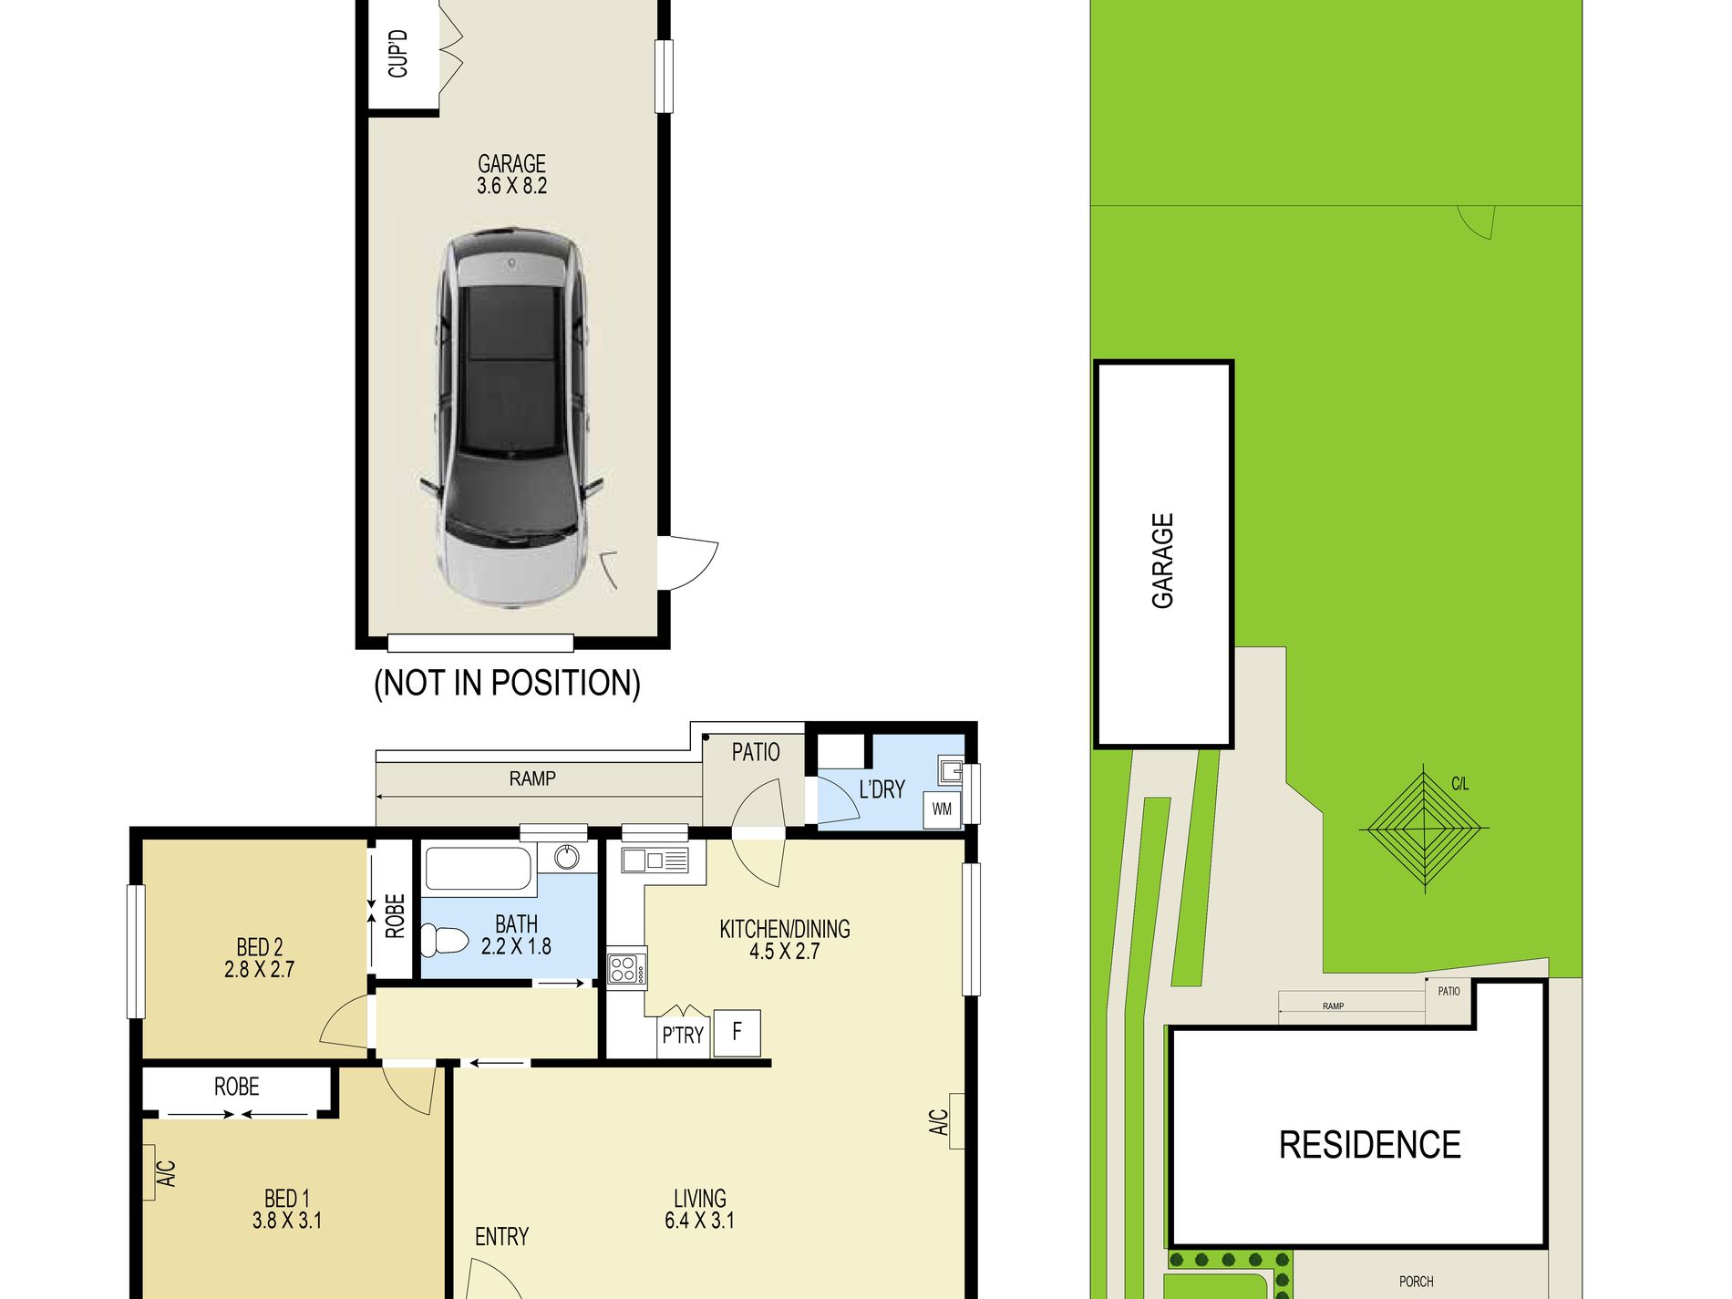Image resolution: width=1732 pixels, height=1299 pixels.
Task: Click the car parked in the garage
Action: [511, 419]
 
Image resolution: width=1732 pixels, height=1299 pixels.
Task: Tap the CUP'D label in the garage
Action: [398, 54]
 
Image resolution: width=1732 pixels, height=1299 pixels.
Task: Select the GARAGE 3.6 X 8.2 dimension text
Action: [511, 175]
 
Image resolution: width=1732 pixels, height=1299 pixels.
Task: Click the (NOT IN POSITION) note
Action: [507, 683]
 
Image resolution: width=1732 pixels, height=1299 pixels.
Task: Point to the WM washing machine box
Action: [942, 809]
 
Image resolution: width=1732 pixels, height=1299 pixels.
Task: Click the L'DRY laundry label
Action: [881, 789]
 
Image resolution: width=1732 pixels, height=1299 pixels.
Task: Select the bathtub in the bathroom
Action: [478, 869]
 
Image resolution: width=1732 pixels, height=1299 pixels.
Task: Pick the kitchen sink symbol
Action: [655, 860]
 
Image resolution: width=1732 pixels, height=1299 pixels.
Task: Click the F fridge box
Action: [737, 1033]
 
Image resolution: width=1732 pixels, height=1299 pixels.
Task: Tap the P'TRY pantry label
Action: [683, 1036]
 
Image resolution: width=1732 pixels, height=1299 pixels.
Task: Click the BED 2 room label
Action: [260, 958]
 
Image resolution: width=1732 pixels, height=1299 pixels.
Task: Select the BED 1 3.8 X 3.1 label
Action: [287, 1210]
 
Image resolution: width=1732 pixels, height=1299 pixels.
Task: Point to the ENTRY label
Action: [501, 1237]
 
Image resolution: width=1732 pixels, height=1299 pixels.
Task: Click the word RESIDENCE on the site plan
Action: [1369, 1145]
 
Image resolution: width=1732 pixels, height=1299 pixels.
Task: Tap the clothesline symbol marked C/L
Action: [1424, 828]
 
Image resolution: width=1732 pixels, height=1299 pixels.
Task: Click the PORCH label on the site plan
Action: [1416, 1282]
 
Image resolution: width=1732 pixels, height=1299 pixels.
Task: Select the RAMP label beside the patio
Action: [532, 778]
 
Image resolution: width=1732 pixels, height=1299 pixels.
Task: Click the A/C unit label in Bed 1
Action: [167, 1172]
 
